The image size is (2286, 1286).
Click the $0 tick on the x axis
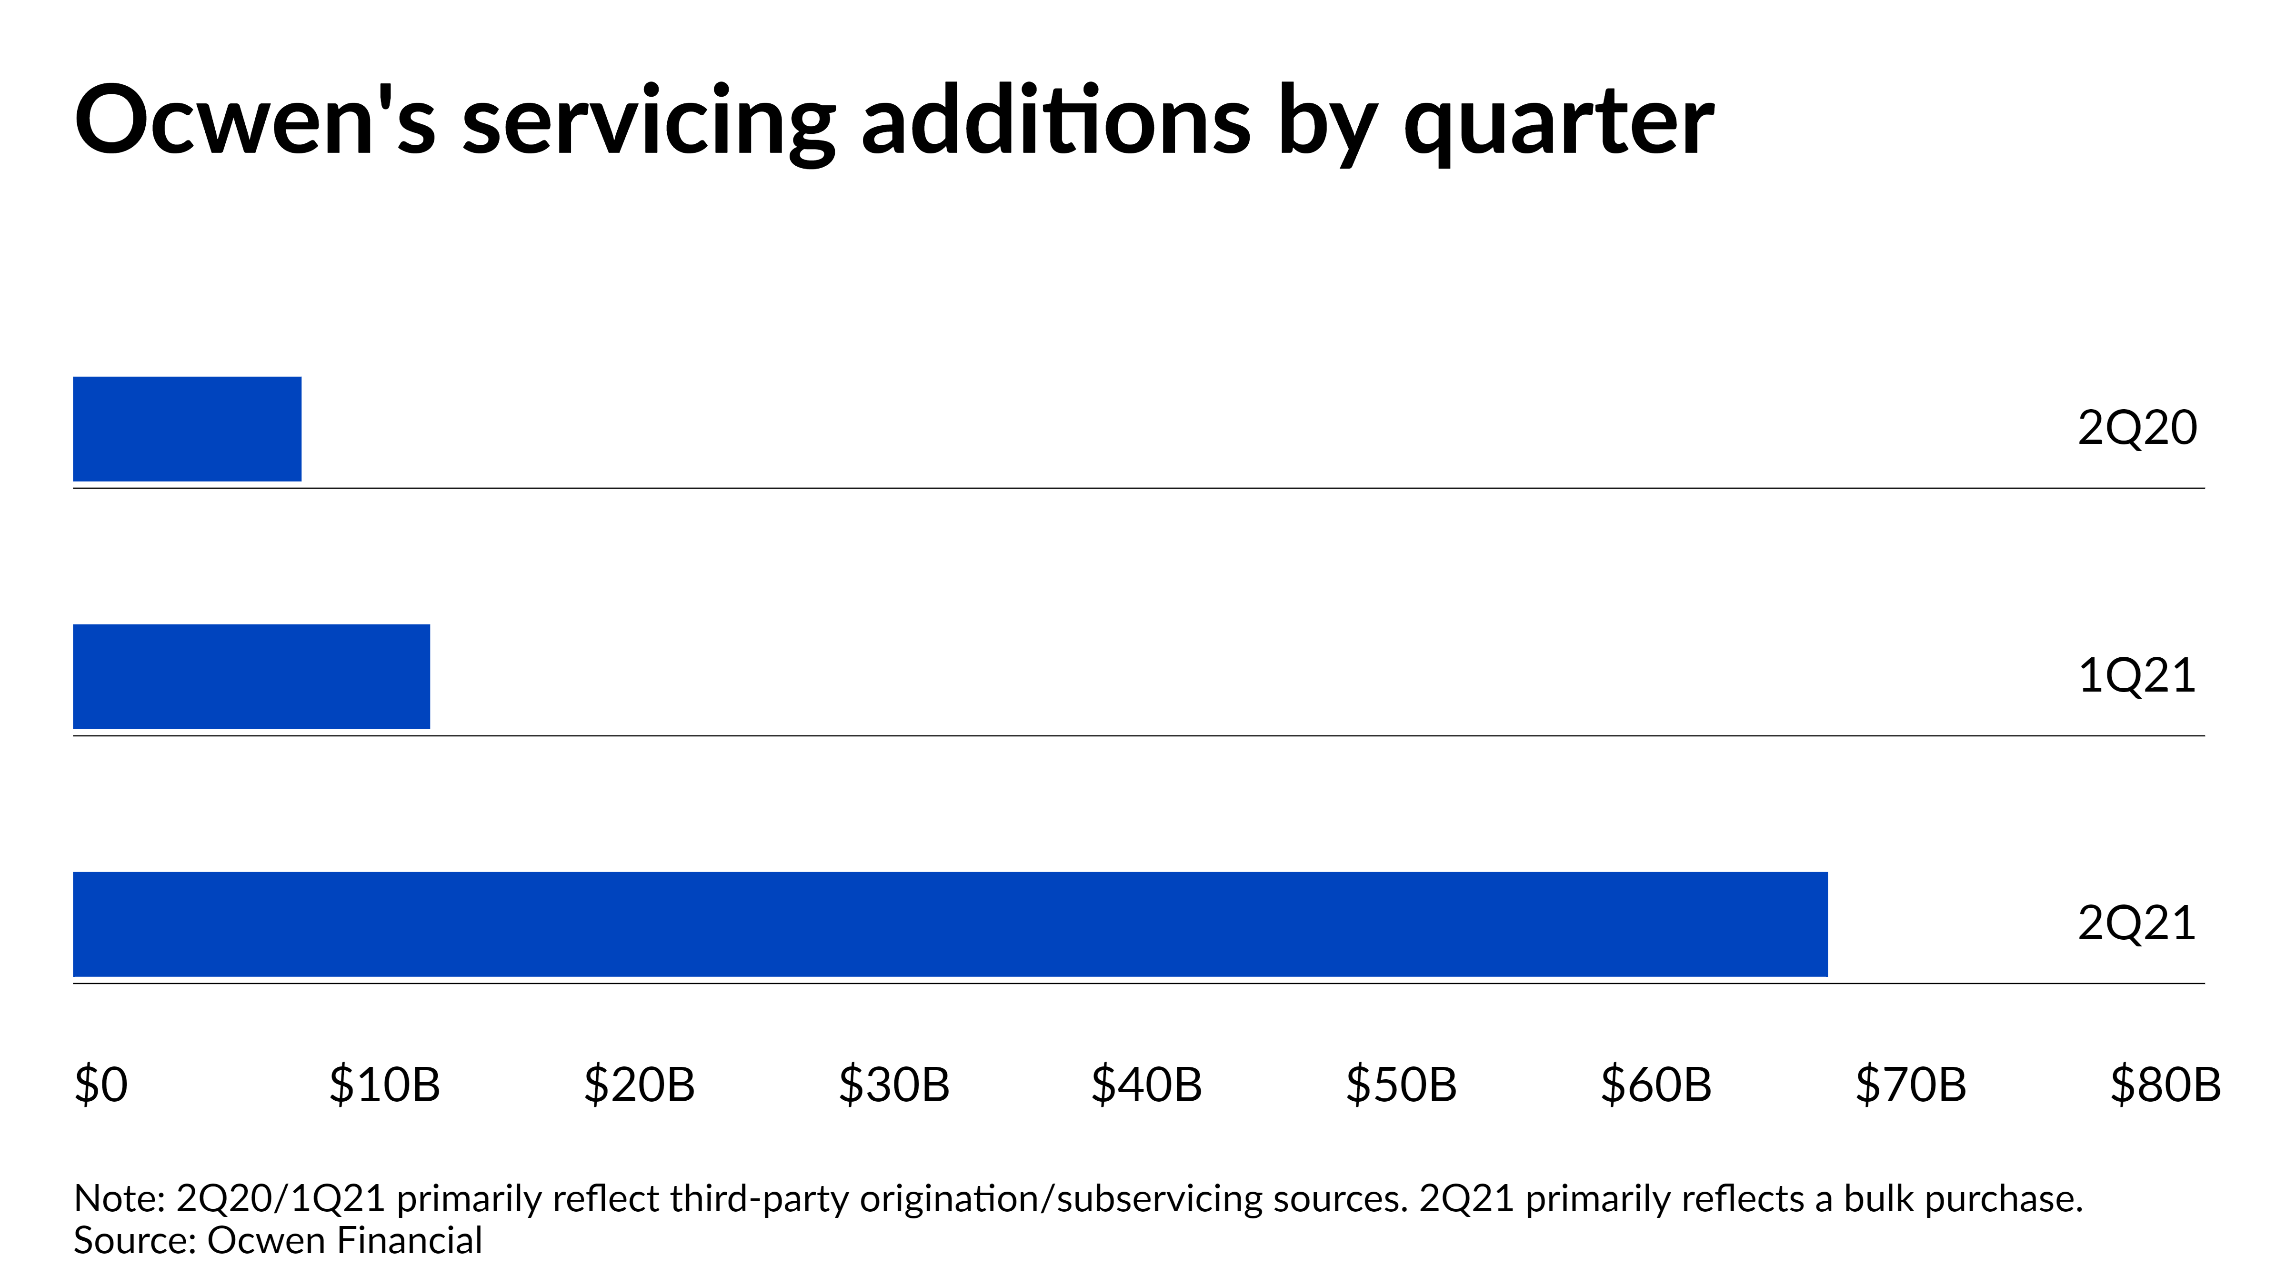click(x=101, y=1085)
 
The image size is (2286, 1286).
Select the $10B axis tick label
click(x=384, y=1085)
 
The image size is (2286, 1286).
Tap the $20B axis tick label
click(x=639, y=1085)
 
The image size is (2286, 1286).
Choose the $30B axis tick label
click(x=893, y=1085)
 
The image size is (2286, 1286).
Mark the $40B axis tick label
click(x=1146, y=1085)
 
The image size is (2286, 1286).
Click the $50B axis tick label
click(x=1401, y=1085)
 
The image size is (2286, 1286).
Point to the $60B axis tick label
click(x=1656, y=1085)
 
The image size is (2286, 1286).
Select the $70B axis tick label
click(x=1911, y=1085)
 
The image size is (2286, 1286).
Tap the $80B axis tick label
click(x=2166, y=1085)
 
